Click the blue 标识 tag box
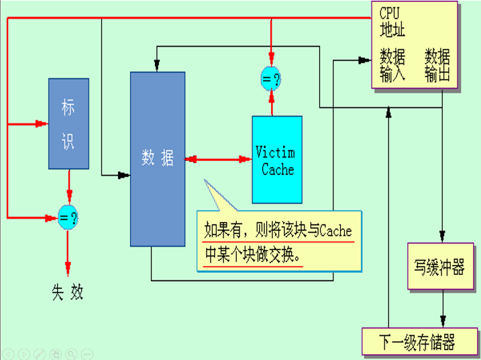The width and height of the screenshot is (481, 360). tap(68, 123)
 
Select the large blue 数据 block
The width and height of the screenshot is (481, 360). tap(158, 158)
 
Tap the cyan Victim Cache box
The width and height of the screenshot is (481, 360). tap(277, 160)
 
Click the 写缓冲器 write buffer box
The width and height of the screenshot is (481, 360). tap(439, 267)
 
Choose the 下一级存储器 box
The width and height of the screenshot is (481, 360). tap(417, 343)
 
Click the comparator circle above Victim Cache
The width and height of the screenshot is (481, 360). tap(271, 80)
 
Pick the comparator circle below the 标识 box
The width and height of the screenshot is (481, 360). tap(68, 217)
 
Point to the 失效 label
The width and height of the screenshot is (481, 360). tap(68, 292)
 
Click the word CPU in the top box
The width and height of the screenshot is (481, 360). tap(391, 13)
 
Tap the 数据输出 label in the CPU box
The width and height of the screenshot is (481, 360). tap(437, 65)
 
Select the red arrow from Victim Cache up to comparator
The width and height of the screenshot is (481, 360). tap(271, 103)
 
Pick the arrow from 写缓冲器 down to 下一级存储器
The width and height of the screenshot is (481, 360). tap(442, 310)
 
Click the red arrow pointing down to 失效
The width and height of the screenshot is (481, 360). tap(68, 251)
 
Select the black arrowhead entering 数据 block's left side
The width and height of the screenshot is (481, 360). tap(123, 176)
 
